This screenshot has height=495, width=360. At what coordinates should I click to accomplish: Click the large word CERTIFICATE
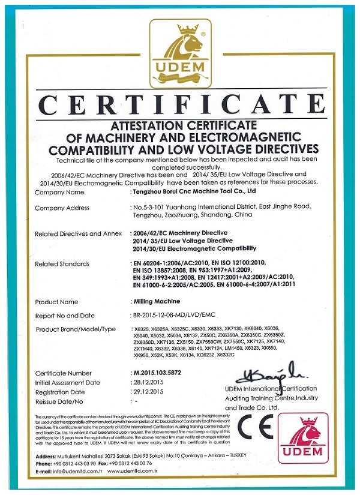180,106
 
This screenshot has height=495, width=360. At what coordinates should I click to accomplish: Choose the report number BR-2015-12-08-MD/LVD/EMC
173,315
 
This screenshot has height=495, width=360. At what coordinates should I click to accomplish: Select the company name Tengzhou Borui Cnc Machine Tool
194,192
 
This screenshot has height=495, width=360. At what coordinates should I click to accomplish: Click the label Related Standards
62,263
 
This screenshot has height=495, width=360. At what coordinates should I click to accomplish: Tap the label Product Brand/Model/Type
75,329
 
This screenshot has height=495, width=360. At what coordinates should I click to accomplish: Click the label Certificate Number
63,373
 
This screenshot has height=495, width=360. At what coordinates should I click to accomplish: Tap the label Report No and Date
65,315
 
